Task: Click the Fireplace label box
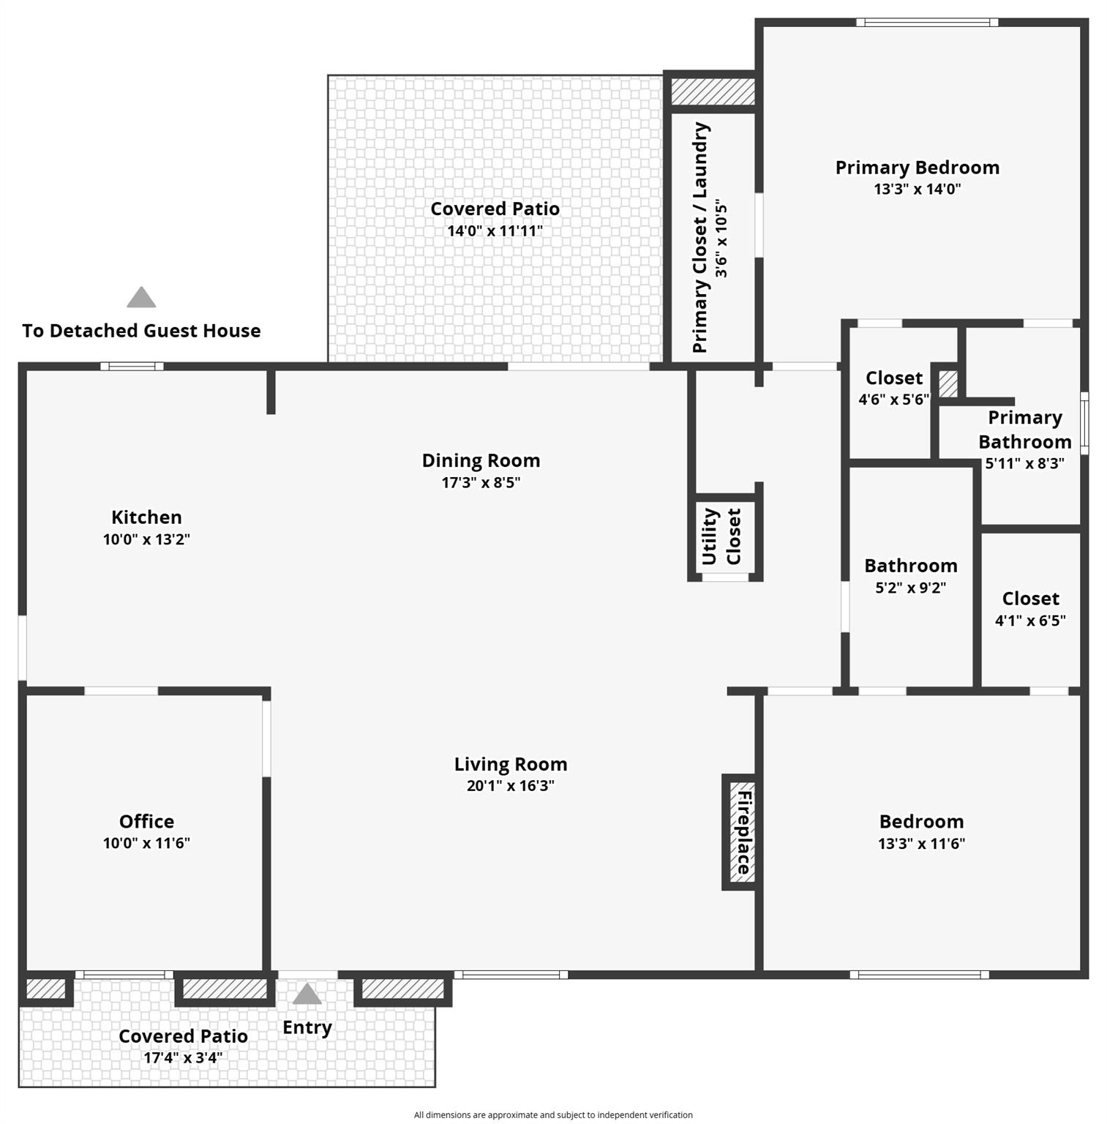(740, 832)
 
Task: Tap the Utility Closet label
(721, 536)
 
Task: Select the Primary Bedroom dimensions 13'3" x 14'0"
(917, 189)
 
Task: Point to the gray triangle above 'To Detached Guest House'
(141, 297)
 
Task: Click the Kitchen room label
(146, 517)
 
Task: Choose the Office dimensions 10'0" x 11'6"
(146, 843)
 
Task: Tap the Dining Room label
(481, 461)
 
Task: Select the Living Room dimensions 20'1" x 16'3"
(510, 786)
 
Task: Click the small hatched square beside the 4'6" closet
(947, 384)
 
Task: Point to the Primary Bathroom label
(1024, 430)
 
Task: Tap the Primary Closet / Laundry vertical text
(700, 238)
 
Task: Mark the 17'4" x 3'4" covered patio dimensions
(183, 1057)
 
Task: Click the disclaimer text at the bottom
(553, 1114)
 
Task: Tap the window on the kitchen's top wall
(132, 367)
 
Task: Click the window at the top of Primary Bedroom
(927, 23)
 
